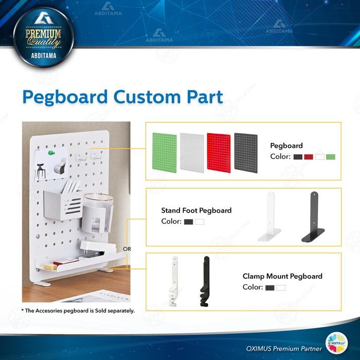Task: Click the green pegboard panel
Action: (165, 152)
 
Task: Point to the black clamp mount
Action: (205, 282)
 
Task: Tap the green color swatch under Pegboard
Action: (331, 156)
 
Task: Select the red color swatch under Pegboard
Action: (309, 156)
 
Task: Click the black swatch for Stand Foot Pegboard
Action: (188, 222)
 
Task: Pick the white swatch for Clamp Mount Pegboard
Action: (281, 287)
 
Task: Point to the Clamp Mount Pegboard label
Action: (282, 276)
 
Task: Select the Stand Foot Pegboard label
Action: (196, 210)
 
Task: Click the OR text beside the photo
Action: (127, 249)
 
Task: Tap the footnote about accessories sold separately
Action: (78, 311)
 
